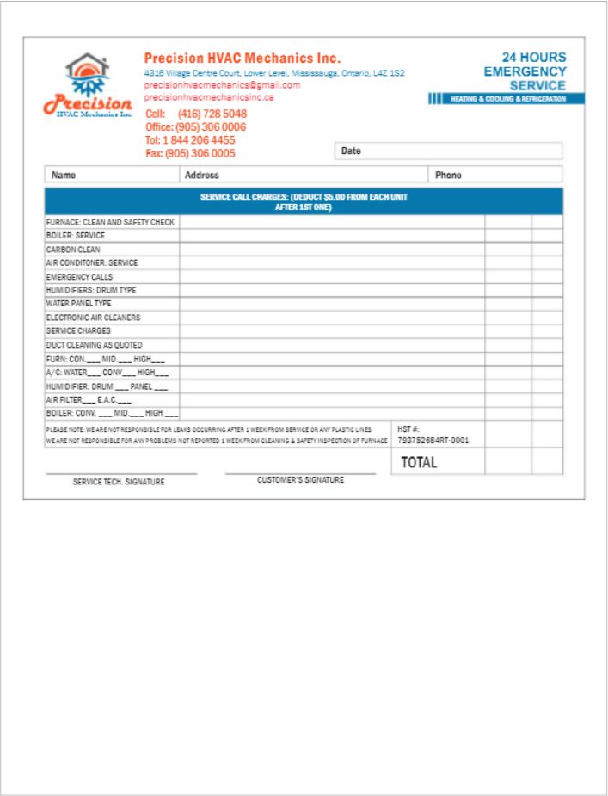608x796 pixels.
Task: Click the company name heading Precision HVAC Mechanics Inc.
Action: [243, 59]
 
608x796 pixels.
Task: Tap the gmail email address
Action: [222, 85]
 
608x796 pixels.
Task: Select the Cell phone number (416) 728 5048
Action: [212, 114]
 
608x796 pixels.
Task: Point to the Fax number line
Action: [190, 153]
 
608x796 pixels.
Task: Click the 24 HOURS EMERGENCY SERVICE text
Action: [525, 71]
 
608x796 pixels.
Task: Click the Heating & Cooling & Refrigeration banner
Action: [507, 99]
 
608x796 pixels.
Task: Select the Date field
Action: [448, 151]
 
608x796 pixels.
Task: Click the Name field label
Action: [64, 175]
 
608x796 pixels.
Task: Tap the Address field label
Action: [202, 175]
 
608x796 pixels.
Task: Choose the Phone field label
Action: [448, 175]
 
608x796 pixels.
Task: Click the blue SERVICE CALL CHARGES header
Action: [304, 201]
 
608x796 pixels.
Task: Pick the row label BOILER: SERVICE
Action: [76, 236]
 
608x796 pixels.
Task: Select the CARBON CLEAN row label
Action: [73, 250]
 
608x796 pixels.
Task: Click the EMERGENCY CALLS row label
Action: [79, 277]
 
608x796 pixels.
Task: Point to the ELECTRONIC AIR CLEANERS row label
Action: [93, 318]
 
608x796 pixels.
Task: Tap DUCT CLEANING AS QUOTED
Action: [94, 345]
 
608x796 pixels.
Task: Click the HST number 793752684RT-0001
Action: [433, 441]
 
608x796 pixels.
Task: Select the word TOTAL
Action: [419, 462]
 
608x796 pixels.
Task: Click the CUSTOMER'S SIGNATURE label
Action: [300, 480]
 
